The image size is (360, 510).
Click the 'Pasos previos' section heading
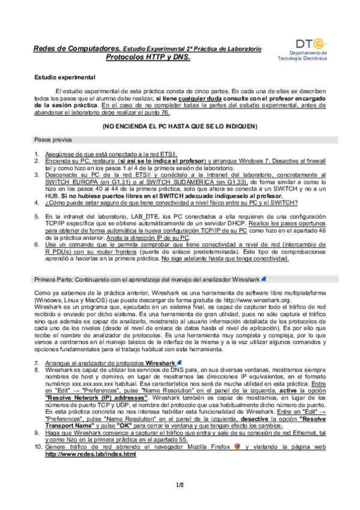tap(50, 139)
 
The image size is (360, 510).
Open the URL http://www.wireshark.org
tap(279, 299)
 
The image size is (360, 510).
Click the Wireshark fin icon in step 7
tap(180, 363)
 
